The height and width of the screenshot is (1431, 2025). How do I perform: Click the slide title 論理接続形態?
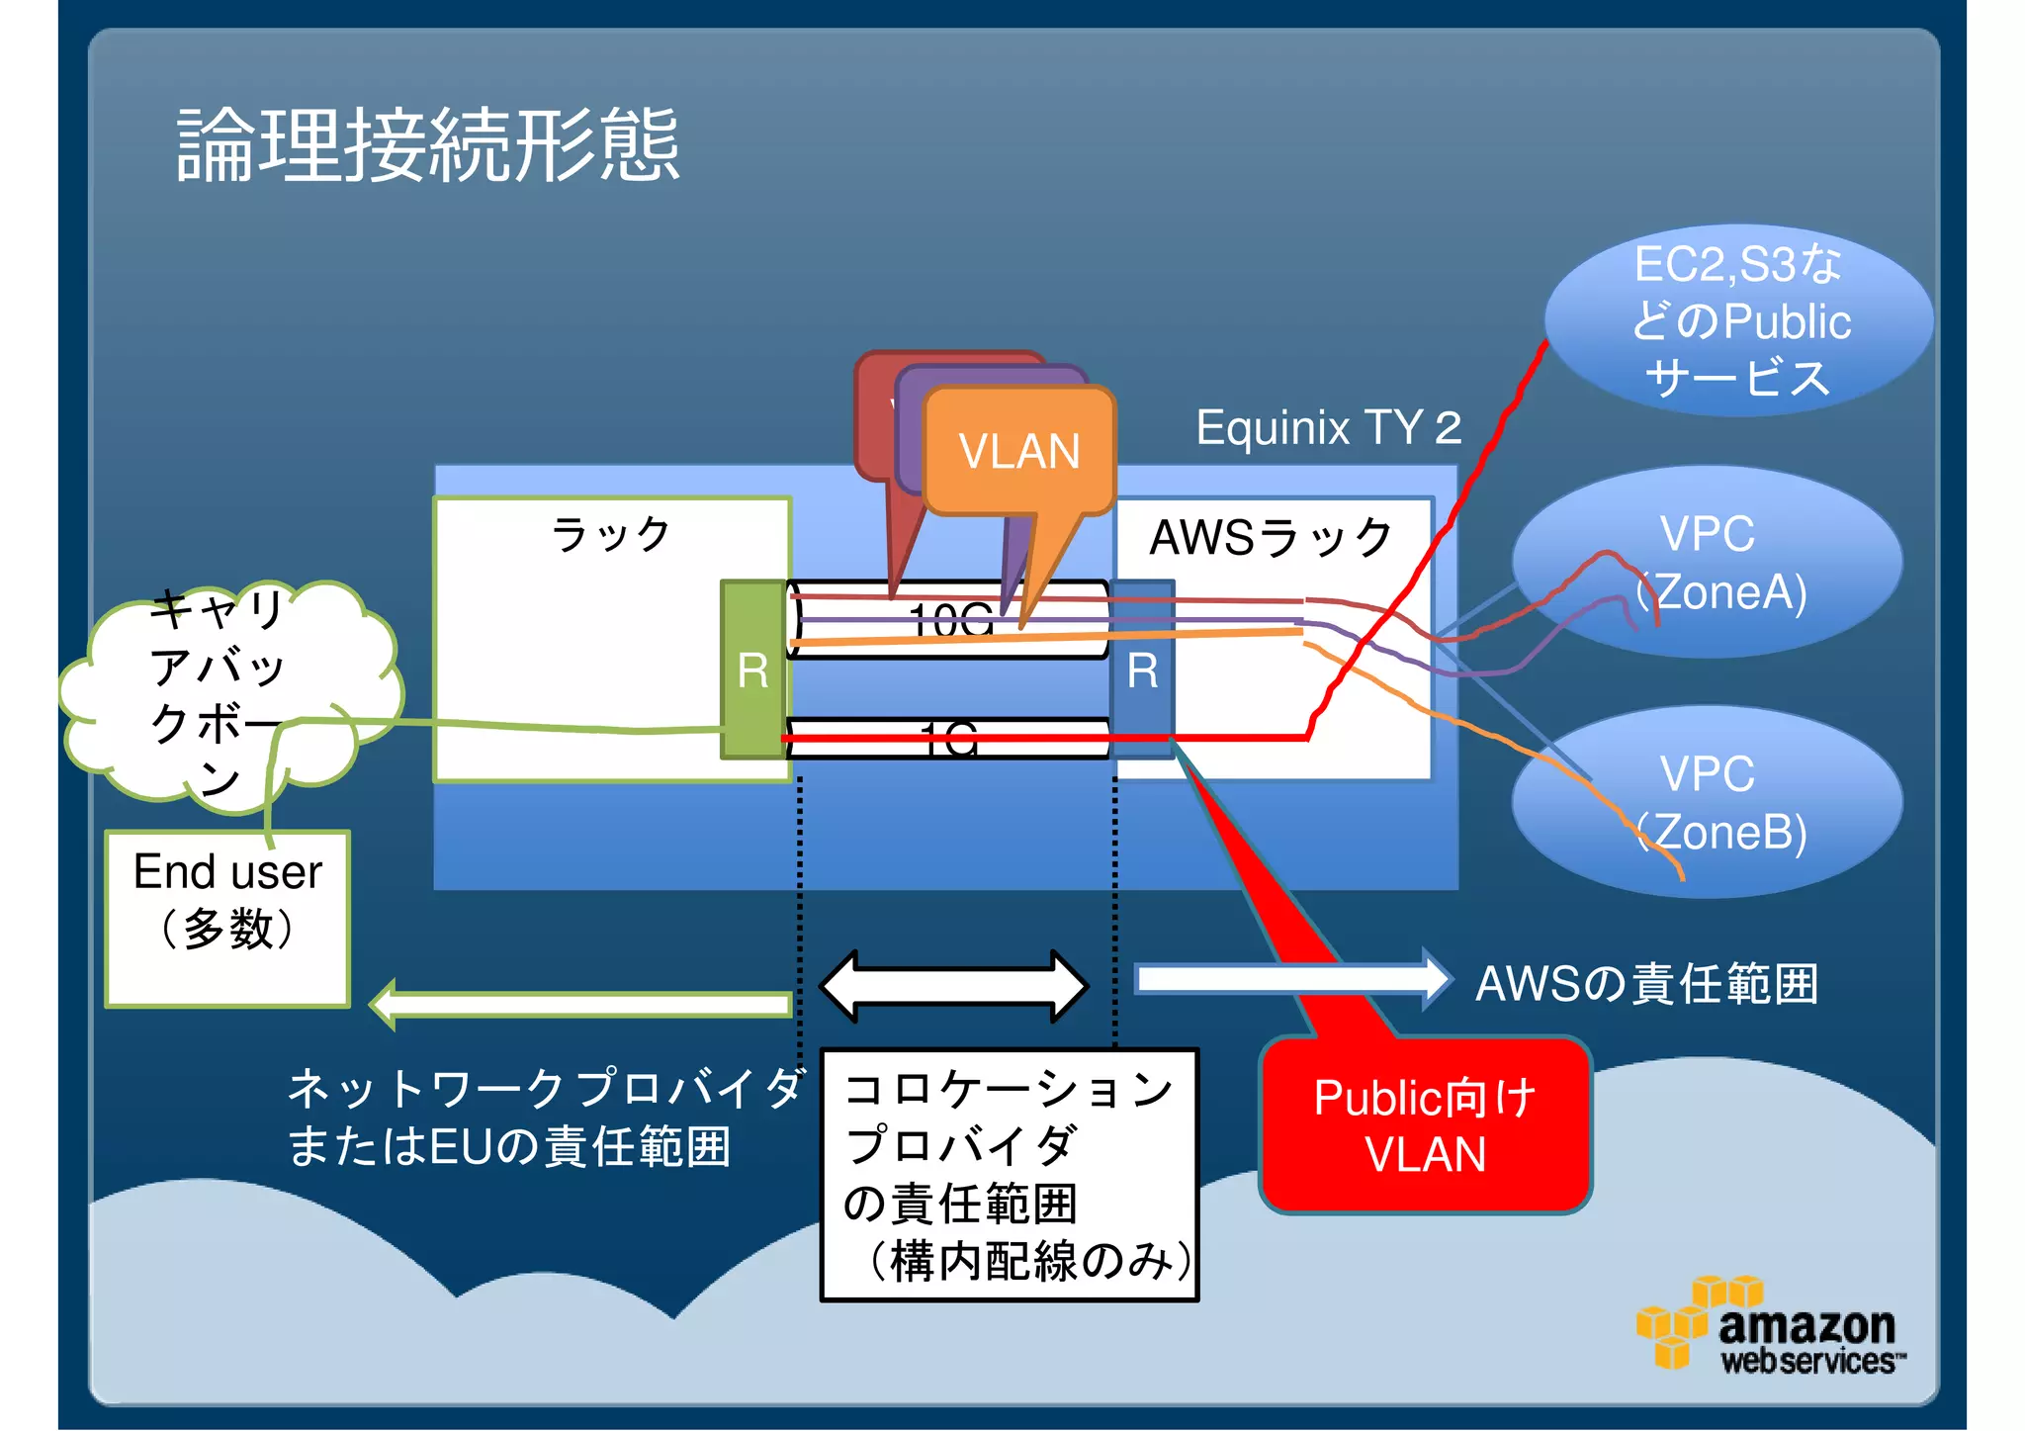point(427,145)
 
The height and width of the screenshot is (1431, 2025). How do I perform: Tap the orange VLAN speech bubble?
point(1018,451)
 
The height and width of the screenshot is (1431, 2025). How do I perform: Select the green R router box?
point(753,671)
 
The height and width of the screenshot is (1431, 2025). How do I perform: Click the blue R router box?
point(1143,671)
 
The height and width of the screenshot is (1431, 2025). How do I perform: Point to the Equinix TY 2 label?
point(1328,427)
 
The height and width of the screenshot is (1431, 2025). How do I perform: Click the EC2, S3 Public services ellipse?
point(1738,320)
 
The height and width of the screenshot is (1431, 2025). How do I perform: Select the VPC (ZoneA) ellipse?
point(1709,562)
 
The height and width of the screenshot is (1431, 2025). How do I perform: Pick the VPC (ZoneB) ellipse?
point(1709,801)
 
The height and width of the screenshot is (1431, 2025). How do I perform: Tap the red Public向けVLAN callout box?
point(1425,1125)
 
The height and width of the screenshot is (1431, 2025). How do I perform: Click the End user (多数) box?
point(228,918)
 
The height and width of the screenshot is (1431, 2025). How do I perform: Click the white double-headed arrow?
point(954,986)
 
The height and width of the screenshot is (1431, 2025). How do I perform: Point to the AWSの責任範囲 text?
point(1646,984)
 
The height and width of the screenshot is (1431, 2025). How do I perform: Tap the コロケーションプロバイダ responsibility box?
point(1010,1175)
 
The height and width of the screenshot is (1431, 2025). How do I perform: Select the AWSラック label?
point(1271,538)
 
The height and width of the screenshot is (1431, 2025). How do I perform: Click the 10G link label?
point(950,620)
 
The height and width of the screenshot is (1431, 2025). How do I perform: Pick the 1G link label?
point(948,739)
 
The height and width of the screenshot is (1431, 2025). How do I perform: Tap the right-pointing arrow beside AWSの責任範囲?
point(1291,979)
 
